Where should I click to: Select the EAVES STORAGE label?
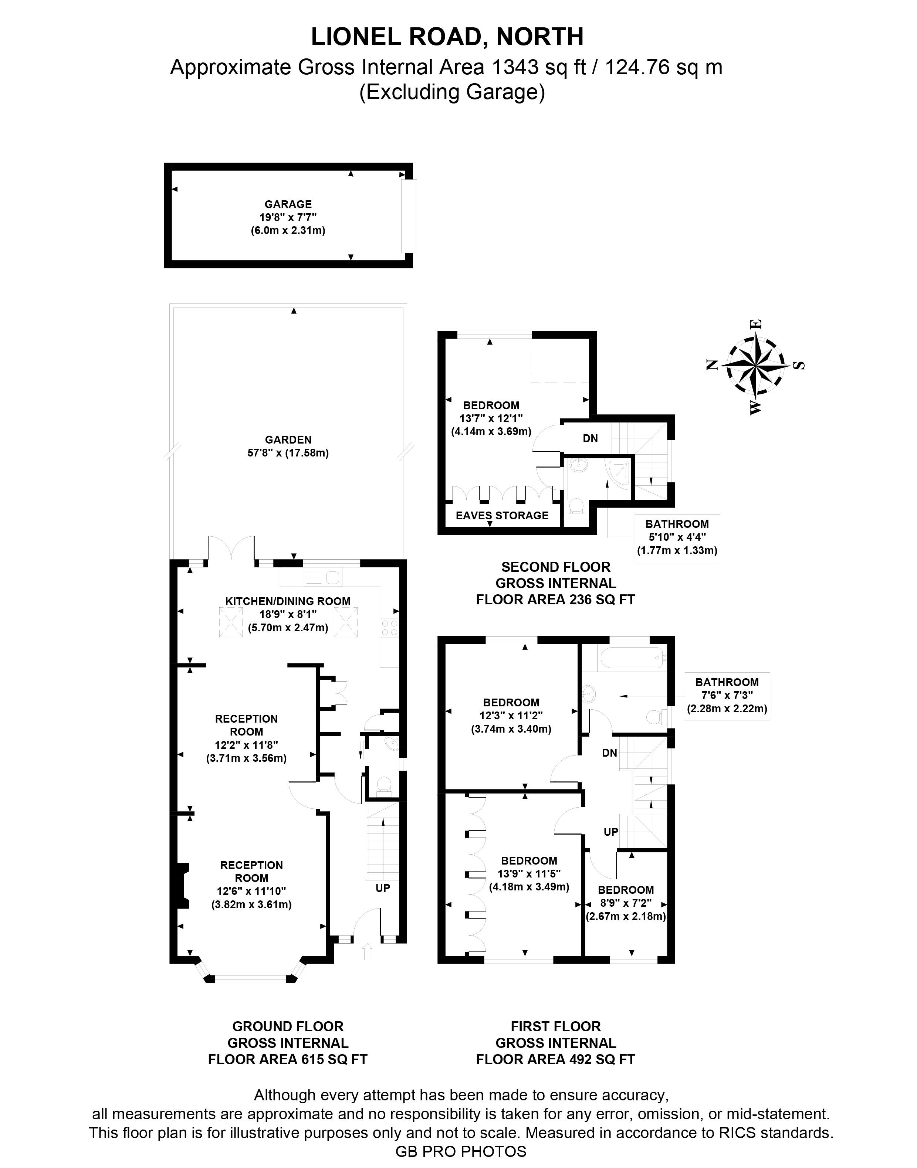click(x=502, y=516)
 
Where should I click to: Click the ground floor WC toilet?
click(x=385, y=785)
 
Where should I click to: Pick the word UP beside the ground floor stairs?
click(x=383, y=888)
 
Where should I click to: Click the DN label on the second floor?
click(x=590, y=438)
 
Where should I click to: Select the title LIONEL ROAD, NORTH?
click(x=447, y=37)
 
